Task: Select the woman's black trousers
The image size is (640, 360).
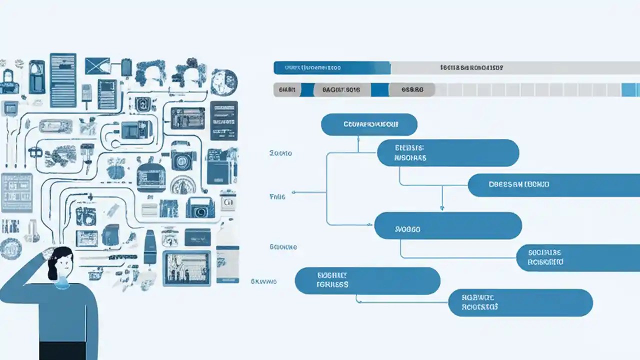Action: (62, 350)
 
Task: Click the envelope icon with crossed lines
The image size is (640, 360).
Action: (97, 66)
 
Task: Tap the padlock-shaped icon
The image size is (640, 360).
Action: (9, 82)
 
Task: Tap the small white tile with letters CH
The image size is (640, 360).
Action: (228, 202)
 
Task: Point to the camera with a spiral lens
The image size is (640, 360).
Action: (200, 208)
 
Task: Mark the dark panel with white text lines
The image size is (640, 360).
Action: (223, 120)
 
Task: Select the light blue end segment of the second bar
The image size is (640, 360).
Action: (630, 90)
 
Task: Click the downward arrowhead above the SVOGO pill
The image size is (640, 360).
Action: (441, 206)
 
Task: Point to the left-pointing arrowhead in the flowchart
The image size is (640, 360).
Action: (294, 192)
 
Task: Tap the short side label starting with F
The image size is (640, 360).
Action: (277, 197)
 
